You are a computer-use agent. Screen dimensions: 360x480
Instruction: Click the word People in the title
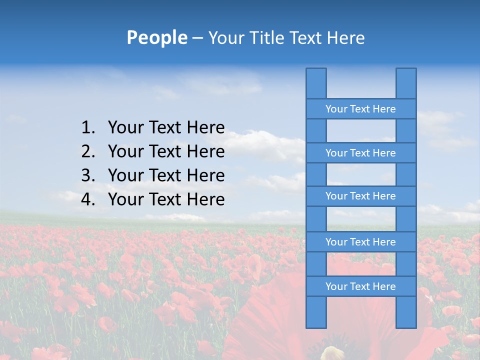click(156, 37)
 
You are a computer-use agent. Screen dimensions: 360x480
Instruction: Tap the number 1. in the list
click(88, 127)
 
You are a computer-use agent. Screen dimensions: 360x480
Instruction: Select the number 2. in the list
click(88, 151)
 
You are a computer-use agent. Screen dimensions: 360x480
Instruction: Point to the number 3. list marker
click(88, 175)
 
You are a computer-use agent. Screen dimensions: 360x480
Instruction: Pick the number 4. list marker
click(88, 199)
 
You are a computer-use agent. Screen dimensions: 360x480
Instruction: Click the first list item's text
click(166, 127)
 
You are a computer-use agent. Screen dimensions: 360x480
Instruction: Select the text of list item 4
click(166, 199)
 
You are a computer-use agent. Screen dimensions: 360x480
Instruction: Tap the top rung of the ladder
click(360, 109)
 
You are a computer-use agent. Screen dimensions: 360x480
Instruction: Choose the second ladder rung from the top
click(360, 153)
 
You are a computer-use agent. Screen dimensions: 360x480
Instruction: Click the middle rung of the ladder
click(360, 196)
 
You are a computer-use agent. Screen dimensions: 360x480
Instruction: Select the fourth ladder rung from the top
click(360, 242)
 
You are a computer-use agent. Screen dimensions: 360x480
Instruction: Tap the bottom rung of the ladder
click(360, 286)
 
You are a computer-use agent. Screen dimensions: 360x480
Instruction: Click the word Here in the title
click(345, 38)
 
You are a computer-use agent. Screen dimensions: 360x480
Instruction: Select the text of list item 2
click(166, 151)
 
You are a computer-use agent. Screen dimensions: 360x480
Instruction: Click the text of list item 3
click(166, 175)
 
